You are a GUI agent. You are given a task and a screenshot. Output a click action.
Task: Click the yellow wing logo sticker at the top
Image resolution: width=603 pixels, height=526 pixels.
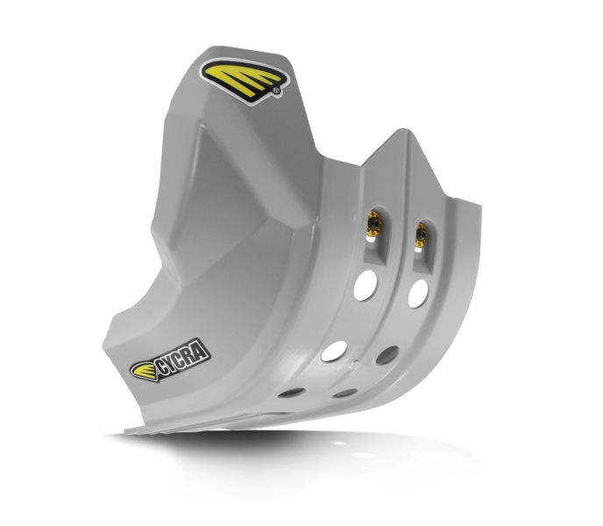[x=245, y=82]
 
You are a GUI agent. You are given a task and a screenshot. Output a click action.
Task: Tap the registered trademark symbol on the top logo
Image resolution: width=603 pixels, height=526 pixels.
[x=276, y=91]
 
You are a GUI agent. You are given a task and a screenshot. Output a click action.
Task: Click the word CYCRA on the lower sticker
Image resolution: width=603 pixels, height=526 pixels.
[x=182, y=359]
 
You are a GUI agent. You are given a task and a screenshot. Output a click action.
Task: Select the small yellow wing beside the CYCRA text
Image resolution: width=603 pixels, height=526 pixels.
[x=144, y=372]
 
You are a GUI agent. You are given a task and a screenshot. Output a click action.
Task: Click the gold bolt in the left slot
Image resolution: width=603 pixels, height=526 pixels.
[x=373, y=223]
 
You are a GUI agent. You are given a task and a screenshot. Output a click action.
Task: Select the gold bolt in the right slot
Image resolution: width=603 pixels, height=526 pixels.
[x=422, y=235]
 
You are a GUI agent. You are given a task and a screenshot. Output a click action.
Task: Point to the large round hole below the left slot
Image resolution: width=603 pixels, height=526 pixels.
[x=365, y=285]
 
